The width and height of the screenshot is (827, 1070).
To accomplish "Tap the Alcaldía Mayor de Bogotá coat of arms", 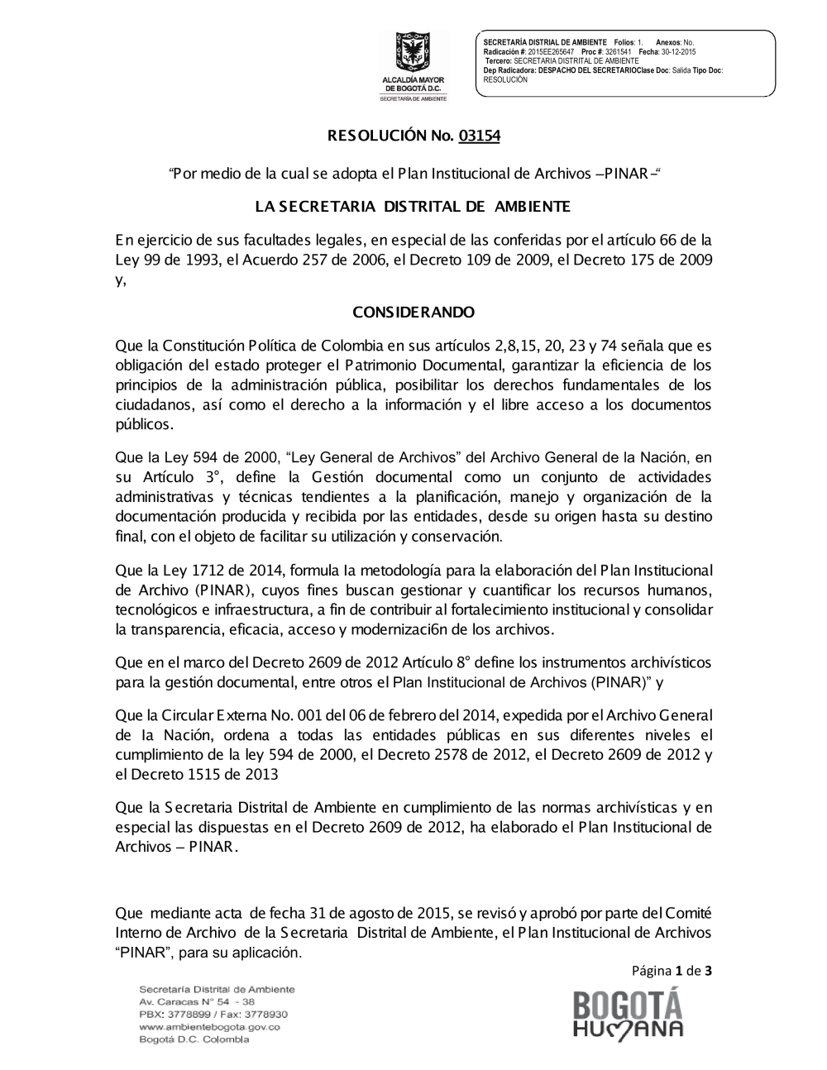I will coord(413,53).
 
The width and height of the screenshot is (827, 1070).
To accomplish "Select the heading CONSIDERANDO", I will coord(413,313).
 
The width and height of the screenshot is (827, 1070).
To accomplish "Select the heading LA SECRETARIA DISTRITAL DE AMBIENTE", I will coord(413,206).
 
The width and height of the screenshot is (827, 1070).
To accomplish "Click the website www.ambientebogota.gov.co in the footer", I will coord(209,1027).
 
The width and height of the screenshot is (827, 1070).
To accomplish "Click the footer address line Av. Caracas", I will coord(197,1001).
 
